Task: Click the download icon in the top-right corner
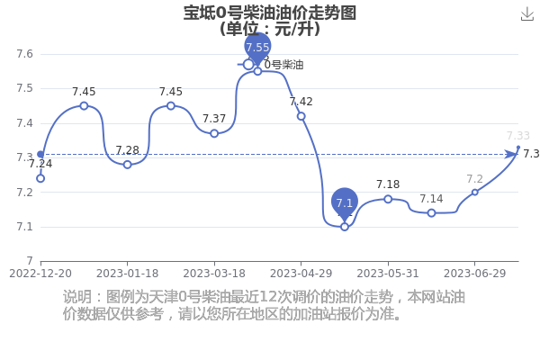coord(527,14)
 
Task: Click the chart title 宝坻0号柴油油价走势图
coord(270,13)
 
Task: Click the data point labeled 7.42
coord(301,116)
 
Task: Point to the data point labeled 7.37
coord(214,133)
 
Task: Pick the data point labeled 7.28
coord(128,165)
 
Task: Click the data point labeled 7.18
coord(388,199)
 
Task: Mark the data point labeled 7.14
coord(431,213)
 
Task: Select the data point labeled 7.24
coord(40,178)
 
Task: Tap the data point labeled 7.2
coord(475,193)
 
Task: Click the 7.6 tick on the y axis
coord(25,54)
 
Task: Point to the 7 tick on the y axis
coord(30,261)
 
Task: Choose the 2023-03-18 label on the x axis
coord(214,274)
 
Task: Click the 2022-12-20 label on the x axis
coord(40,274)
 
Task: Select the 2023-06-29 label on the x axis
coord(474,274)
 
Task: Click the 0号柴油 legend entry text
coord(283,65)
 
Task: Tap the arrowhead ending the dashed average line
coord(510,154)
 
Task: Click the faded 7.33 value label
coord(518,136)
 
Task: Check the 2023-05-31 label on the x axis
coord(388,274)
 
